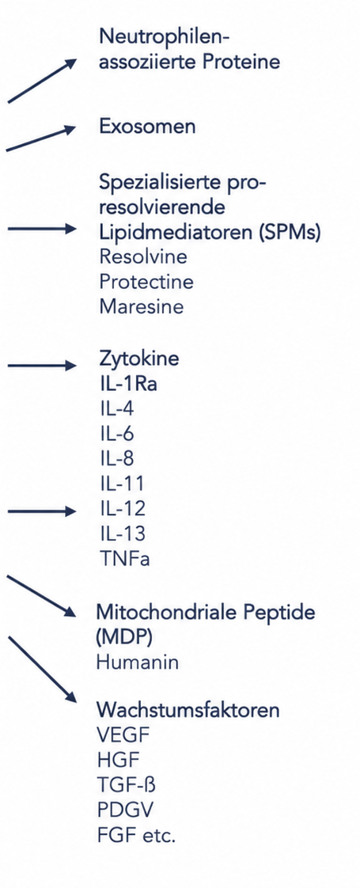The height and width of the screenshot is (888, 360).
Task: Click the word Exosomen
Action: point(147,127)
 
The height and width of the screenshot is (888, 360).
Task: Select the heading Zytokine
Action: point(139,359)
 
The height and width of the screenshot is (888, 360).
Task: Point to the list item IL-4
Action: point(116,408)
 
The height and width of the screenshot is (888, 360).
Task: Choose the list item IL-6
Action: point(116,434)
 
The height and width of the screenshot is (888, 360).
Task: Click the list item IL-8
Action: point(116,459)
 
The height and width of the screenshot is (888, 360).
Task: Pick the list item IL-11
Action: point(122,484)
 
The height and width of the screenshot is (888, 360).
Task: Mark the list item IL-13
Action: point(122,533)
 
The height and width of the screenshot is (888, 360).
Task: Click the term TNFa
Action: point(124,559)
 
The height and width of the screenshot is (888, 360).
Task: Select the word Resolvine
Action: point(143,256)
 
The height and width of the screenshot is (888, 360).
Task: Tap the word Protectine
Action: point(146,282)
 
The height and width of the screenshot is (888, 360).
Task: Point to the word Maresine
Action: point(142,306)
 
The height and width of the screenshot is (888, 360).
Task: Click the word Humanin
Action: point(138,662)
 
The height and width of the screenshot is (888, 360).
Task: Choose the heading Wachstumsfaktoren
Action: point(188,710)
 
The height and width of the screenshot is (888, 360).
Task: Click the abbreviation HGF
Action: point(118,760)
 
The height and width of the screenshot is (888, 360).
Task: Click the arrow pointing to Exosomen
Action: point(41,139)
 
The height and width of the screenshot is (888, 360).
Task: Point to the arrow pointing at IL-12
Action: point(42,511)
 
